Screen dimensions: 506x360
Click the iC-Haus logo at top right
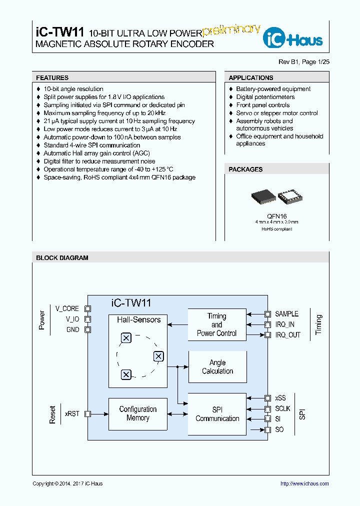point(293,38)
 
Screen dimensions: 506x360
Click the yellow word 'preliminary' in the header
point(231,30)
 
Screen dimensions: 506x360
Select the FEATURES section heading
point(52,78)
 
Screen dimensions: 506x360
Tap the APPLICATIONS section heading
point(251,78)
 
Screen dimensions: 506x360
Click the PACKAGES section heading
point(245,169)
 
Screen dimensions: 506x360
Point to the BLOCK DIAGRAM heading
point(62,258)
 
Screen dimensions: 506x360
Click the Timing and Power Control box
point(217,325)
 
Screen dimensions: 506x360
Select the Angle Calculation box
point(217,367)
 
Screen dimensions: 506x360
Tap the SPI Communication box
point(217,414)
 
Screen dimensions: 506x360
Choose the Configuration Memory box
point(138,414)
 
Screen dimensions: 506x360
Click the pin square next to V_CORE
point(88,309)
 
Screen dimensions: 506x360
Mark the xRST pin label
point(72,414)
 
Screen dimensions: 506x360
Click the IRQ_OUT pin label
point(288,335)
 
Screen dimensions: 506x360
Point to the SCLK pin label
point(282,408)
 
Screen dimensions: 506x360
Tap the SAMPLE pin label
point(286,314)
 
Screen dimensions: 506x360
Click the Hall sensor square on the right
point(158,356)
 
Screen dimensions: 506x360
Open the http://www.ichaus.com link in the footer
point(304,483)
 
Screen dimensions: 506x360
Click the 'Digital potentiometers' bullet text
point(265,97)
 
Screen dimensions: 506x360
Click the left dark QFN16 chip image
point(263,197)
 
